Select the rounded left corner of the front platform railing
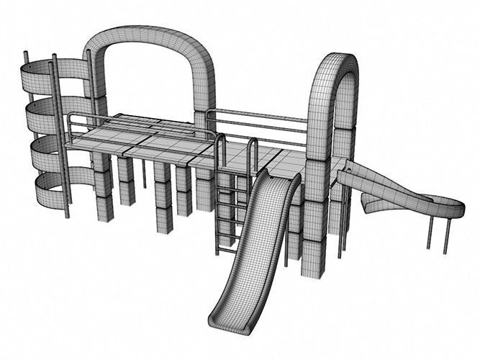(72, 117)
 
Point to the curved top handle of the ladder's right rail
(252, 141)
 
